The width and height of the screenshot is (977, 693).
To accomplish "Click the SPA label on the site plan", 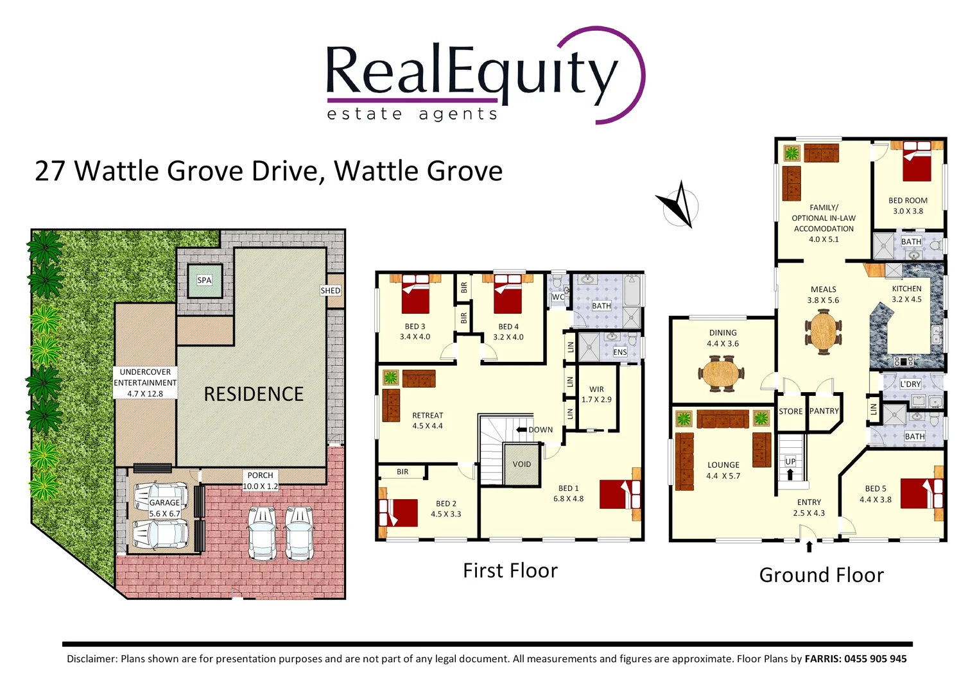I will pyautogui.click(x=204, y=280).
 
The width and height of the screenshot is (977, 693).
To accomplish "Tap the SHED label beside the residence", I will pyautogui.click(x=331, y=291).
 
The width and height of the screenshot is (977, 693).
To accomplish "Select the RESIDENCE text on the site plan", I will pyautogui.click(x=254, y=394).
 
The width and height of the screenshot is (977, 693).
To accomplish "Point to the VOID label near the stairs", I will pyautogui.click(x=522, y=464).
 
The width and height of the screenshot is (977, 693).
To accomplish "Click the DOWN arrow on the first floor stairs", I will pyautogui.click(x=522, y=430).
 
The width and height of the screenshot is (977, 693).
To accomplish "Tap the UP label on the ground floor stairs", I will pyautogui.click(x=790, y=461).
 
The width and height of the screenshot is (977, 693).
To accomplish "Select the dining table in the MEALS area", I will pyautogui.click(x=823, y=332).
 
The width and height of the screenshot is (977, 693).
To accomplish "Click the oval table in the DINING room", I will pyautogui.click(x=722, y=375).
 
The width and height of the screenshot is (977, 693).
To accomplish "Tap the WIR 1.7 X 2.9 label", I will pyautogui.click(x=596, y=394).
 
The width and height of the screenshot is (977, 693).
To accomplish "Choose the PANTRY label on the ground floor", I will pyautogui.click(x=824, y=411).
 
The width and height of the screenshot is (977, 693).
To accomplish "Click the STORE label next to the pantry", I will pyautogui.click(x=790, y=412).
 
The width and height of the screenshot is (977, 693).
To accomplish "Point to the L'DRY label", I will pyautogui.click(x=910, y=384).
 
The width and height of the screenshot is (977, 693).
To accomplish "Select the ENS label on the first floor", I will pyautogui.click(x=619, y=352).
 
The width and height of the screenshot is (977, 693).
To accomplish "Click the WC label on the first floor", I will pyautogui.click(x=558, y=297).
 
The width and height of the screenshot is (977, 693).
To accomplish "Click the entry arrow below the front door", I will pyautogui.click(x=809, y=547).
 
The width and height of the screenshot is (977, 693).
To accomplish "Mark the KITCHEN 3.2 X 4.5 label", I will pyautogui.click(x=906, y=294).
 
